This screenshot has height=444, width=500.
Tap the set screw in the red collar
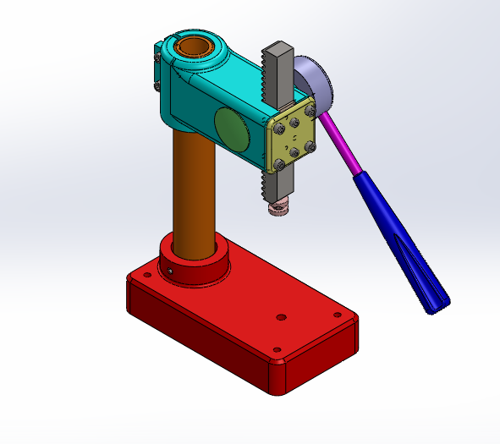(x=170, y=271)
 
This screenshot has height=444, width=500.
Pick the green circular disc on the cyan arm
(x=231, y=127)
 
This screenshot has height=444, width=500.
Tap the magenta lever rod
(x=338, y=140)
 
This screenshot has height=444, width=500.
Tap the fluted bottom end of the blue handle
(x=435, y=300)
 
